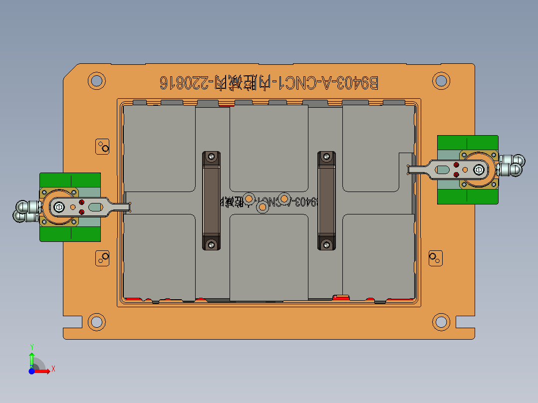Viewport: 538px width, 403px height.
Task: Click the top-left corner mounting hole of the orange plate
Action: tap(97, 80)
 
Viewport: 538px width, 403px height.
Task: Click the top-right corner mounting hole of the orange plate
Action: tap(441, 80)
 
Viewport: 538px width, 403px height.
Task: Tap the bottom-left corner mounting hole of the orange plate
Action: tap(97, 322)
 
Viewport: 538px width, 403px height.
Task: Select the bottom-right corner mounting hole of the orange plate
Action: tap(441, 322)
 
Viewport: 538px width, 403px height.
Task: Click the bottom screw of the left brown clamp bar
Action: tap(212, 244)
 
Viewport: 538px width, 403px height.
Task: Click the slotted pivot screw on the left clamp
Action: tap(60, 206)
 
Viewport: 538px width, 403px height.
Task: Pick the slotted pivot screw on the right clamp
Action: tap(479, 170)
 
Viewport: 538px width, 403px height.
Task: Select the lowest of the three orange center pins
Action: tap(262, 205)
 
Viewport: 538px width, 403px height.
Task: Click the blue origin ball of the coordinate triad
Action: tap(31, 371)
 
